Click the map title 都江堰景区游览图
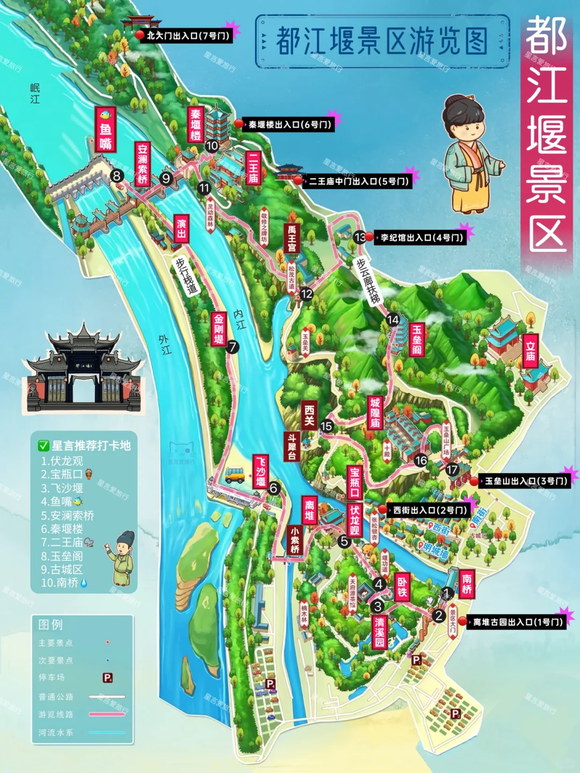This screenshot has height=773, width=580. coord(382,41)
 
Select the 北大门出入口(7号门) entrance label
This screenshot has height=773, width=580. coord(187,36)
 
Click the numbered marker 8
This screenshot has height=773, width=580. coord(117,175)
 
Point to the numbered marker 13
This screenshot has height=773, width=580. coord(360,237)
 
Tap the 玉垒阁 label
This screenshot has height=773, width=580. coord(417,339)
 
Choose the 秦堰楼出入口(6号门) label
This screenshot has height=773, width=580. coord(289,125)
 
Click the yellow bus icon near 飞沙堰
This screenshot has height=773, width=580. coord(235,474)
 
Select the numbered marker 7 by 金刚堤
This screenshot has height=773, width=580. coord(233,347)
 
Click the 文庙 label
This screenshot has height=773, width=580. coord(531,350)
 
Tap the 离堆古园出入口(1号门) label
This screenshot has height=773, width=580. coord(518,622)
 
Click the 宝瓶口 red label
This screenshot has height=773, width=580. coord(354,482)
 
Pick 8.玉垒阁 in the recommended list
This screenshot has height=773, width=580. coord(62,556)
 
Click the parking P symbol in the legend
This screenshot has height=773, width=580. coord(107,678)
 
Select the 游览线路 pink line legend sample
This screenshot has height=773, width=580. coord(107,714)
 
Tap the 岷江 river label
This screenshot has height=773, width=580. coord(35,94)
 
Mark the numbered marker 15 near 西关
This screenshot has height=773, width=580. coord(327,426)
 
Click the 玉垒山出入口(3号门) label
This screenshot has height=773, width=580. coord(526,481)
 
